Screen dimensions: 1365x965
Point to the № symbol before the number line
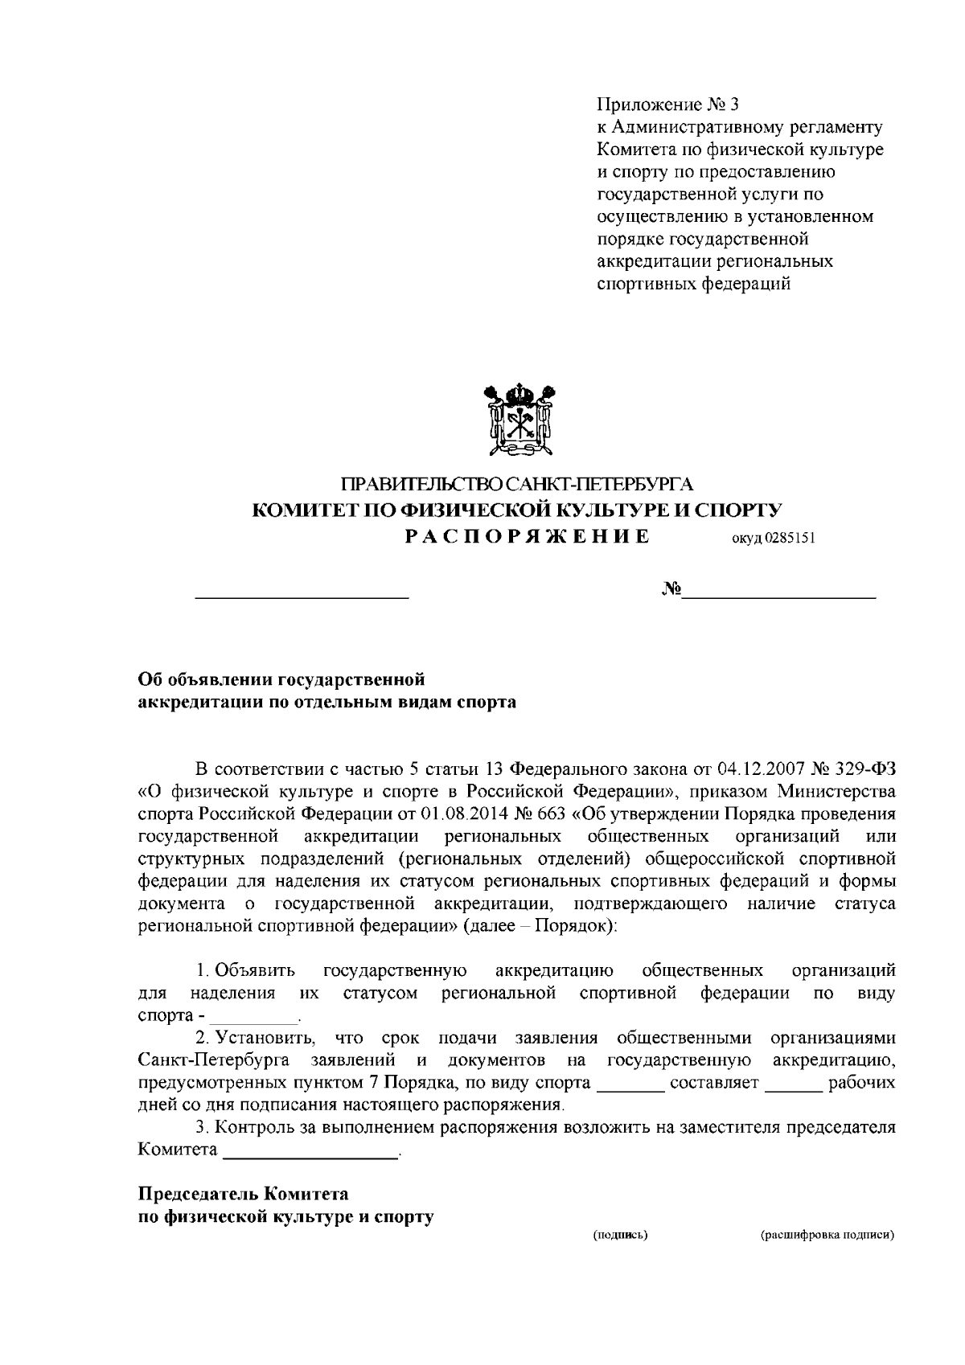tap(671, 591)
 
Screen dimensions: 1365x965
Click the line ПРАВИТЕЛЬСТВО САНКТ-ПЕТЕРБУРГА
tap(517, 485)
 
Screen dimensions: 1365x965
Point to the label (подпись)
tap(620, 1233)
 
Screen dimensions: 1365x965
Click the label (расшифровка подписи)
tap(827, 1233)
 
